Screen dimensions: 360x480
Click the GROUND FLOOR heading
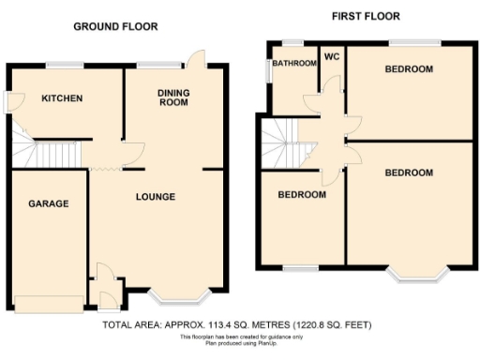(x=116, y=26)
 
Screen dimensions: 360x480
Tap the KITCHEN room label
(x=61, y=98)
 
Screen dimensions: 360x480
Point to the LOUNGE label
(x=156, y=197)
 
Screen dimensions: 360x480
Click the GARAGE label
(x=47, y=203)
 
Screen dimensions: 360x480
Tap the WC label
(x=331, y=57)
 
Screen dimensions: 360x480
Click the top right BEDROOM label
(x=409, y=69)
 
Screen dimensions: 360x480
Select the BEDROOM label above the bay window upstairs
(x=409, y=172)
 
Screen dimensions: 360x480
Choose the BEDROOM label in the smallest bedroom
(x=302, y=195)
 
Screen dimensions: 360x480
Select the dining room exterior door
(x=195, y=58)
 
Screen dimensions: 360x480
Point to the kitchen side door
(x=7, y=101)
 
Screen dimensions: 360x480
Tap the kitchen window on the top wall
(x=65, y=64)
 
